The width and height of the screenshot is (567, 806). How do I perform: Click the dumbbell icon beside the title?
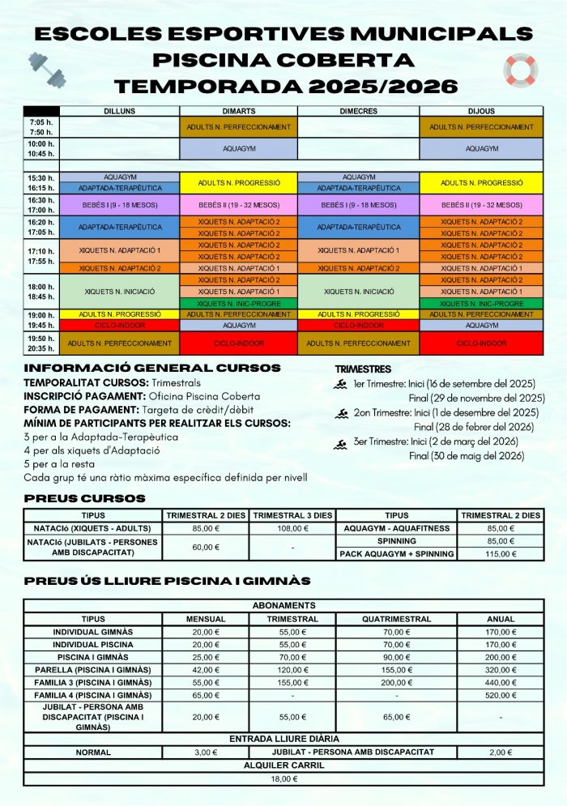point(46,69)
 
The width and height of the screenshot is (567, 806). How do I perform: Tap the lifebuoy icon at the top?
point(520,70)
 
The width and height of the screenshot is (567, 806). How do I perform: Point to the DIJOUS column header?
point(481,111)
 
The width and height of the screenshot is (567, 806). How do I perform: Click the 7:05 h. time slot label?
point(41,122)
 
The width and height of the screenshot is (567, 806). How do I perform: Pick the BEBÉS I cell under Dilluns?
point(120,205)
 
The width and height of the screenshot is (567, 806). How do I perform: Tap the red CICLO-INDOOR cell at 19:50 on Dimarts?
point(239,343)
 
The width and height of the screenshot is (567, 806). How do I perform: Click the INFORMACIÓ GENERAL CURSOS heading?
point(152,369)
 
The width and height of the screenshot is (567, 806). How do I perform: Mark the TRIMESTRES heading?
point(363,369)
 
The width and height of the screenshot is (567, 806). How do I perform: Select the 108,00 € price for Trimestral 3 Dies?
point(292,528)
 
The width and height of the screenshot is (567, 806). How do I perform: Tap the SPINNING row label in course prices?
point(397,541)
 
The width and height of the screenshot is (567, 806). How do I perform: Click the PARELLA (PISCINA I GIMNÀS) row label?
point(93,670)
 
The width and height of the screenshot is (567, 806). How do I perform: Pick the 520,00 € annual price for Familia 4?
point(501,695)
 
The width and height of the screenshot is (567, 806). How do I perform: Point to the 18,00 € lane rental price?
point(283,778)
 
